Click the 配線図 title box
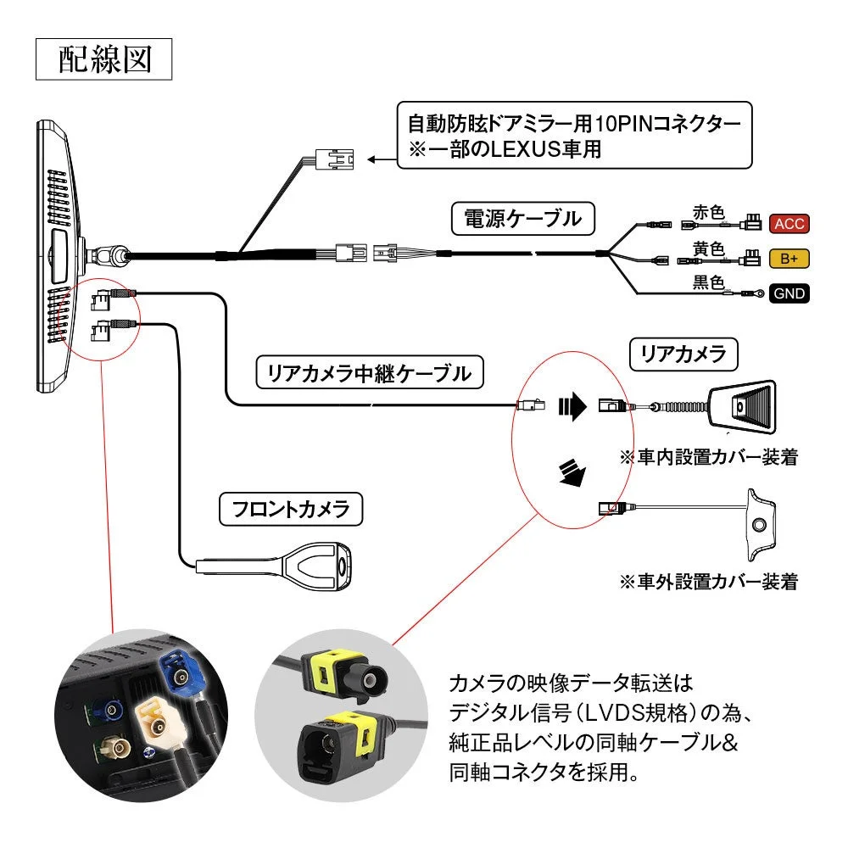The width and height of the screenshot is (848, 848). [103, 59]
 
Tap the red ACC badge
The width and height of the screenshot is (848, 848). [788, 224]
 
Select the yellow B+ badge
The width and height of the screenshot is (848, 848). [788, 258]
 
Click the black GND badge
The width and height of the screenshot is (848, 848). [788, 293]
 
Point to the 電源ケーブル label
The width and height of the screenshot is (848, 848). [522, 219]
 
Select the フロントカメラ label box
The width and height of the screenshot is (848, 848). [290, 509]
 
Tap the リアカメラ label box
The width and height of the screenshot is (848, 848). [683, 354]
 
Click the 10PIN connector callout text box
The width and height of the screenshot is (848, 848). [574, 136]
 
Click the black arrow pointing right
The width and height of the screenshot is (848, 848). [572, 407]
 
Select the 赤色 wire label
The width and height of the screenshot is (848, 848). [709, 212]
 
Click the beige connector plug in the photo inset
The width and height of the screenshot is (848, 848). [162, 722]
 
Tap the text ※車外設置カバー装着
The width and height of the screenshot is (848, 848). [708, 582]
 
